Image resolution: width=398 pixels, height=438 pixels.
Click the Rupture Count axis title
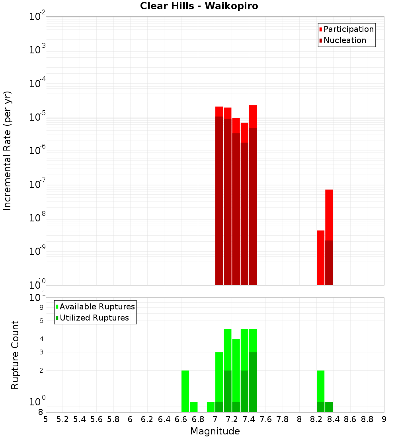click(x=15, y=355)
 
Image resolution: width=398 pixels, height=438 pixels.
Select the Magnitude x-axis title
click(x=215, y=431)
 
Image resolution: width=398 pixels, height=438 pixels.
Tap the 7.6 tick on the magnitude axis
click(x=266, y=419)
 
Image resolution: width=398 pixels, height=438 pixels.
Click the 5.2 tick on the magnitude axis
click(x=63, y=419)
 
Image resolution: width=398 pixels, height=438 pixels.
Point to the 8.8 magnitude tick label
click(x=367, y=419)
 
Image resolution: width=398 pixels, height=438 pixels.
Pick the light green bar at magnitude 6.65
click(x=185, y=391)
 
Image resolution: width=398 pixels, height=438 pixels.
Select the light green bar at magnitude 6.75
click(x=194, y=407)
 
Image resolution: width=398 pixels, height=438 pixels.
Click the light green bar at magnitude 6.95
click(x=211, y=407)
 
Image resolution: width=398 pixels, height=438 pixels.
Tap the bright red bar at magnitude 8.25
click(x=320, y=257)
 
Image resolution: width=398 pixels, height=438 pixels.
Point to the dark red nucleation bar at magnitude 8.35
click(x=329, y=262)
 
